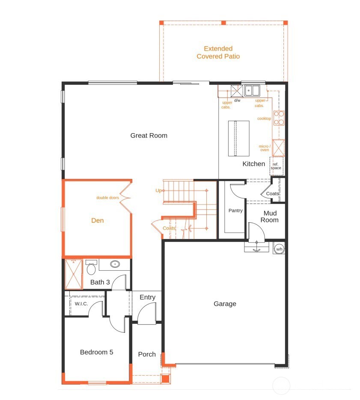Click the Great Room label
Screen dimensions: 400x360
pos(149,136)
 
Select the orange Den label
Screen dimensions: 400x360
pos(98,221)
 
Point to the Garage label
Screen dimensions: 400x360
pos(225,304)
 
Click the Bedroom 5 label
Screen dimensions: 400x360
pos(96,352)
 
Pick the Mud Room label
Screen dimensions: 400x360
pos(270,217)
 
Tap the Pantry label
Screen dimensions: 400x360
pos(235,210)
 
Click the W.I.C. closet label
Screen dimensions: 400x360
pos(81,304)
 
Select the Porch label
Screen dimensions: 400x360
pos(147,354)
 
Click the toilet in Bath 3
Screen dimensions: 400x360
pos(91,269)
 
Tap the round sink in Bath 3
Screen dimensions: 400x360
pos(115,264)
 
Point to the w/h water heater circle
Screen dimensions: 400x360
pos(279,249)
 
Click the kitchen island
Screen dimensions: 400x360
pos(238,139)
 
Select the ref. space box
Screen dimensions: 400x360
pos(276,166)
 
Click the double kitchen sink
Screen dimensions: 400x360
pos(252,91)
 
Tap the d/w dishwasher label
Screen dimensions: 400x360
pos(237,100)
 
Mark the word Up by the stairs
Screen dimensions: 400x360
pos(158,190)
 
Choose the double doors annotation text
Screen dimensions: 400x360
pos(107,198)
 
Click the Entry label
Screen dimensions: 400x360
pos(147,297)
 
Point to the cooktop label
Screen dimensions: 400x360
pos(264,119)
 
